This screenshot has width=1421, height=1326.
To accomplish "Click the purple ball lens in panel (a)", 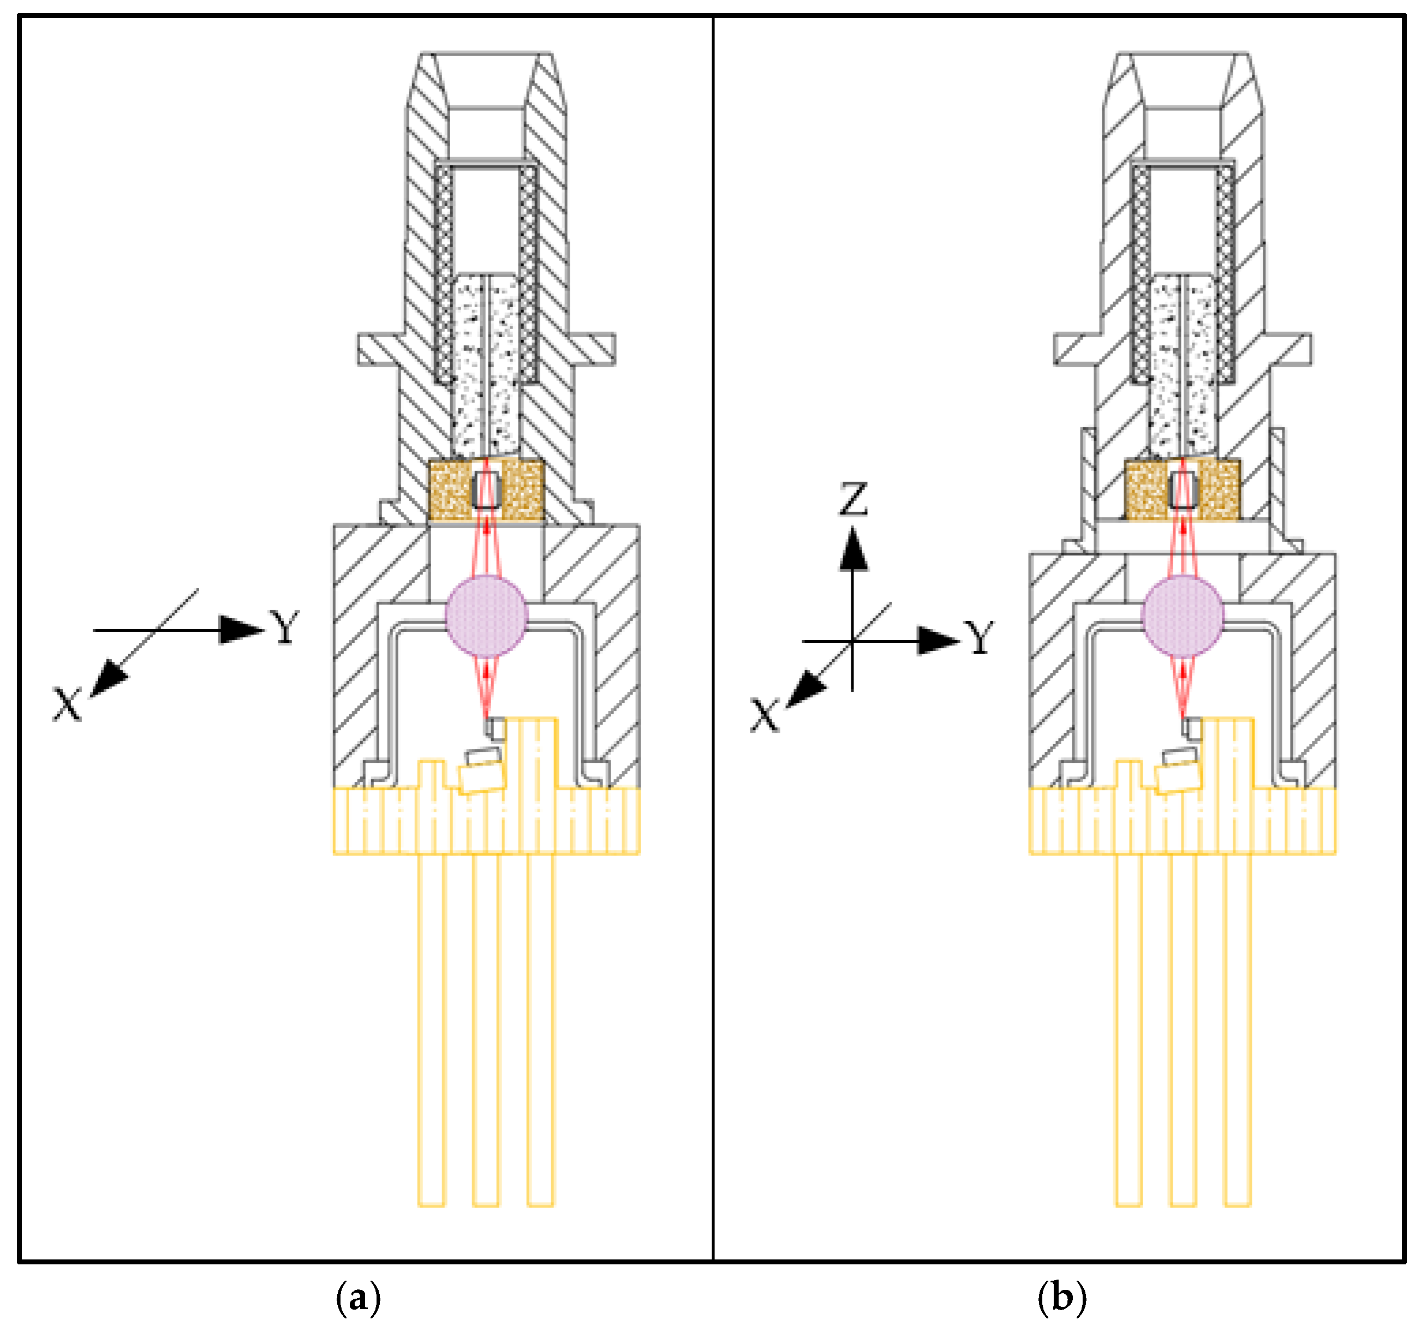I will [x=486, y=616].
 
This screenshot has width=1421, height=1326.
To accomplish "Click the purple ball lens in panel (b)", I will [x=1183, y=616].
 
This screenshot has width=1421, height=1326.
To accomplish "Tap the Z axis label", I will [x=853, y=499].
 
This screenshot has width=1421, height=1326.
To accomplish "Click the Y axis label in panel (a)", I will [x=284, y=628].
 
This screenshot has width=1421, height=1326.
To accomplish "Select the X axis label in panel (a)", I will [x=67, y=705].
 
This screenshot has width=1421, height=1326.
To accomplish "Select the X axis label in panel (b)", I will [x=763, y=715].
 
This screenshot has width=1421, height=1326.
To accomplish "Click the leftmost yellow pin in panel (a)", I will [x=432, y=1029].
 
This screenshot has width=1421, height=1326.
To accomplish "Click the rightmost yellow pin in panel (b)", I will [x=1237, y=1029].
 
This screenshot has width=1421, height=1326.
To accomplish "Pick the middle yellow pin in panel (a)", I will [x=486, y=1029].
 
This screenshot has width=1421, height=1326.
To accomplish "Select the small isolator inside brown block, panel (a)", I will [x=486, y=491].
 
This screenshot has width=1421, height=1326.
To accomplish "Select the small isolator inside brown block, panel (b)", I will [x=1183, y=491].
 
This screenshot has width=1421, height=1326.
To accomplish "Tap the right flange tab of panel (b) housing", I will [x=1292, y=350].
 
